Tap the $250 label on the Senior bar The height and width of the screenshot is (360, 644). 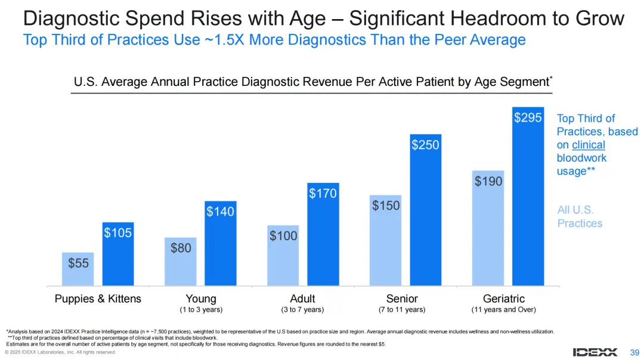pyautogui.click(x=425, y=144)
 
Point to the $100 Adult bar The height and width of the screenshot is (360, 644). pyautogui.click(x=283, y=262)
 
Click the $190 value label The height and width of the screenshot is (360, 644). pyautogui.click(x=488, y=181)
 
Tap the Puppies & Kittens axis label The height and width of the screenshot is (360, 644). pyautogui.click(x=98, y=299)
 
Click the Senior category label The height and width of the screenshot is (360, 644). pyautogui.click(x=402, y=299)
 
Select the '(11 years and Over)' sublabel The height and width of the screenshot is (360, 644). pyautogui.click(x=504, y=310)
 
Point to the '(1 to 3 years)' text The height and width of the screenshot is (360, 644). pyautogui.click(x=201, y=310)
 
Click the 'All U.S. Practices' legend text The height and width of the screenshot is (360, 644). pyautogui.click(x=580, y=217)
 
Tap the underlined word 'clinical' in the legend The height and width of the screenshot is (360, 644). pyautogui.click(x=588, y=145)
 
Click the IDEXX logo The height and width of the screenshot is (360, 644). pyautogui.click(x=595, y=352)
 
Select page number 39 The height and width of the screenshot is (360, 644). pyautogui.click(x=634, y=352)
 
